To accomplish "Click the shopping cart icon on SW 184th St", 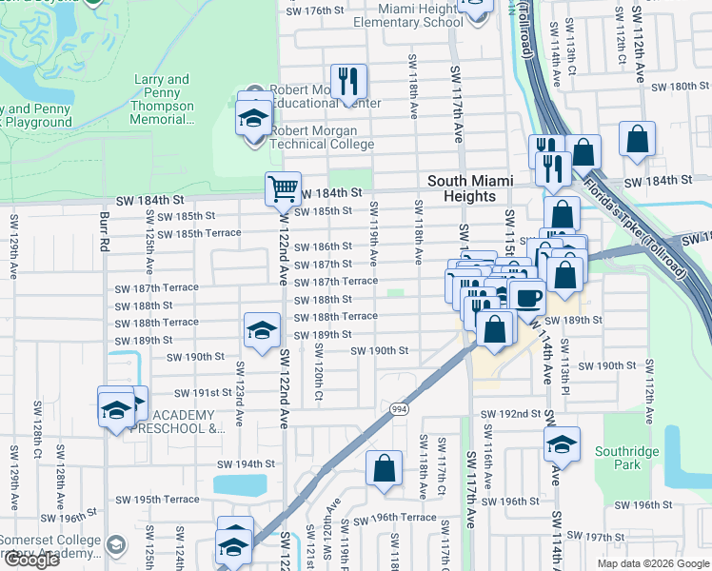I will point(283,188).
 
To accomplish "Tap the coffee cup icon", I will point(527,297).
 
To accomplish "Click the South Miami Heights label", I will point(470,188).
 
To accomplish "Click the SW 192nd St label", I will point(510,415).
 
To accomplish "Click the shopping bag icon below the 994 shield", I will point(384,468).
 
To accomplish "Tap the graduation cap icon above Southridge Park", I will point(562,443).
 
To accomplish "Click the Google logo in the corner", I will point(31,560).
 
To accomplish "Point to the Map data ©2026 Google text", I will point(652,563).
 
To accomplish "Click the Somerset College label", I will point(53,541).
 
